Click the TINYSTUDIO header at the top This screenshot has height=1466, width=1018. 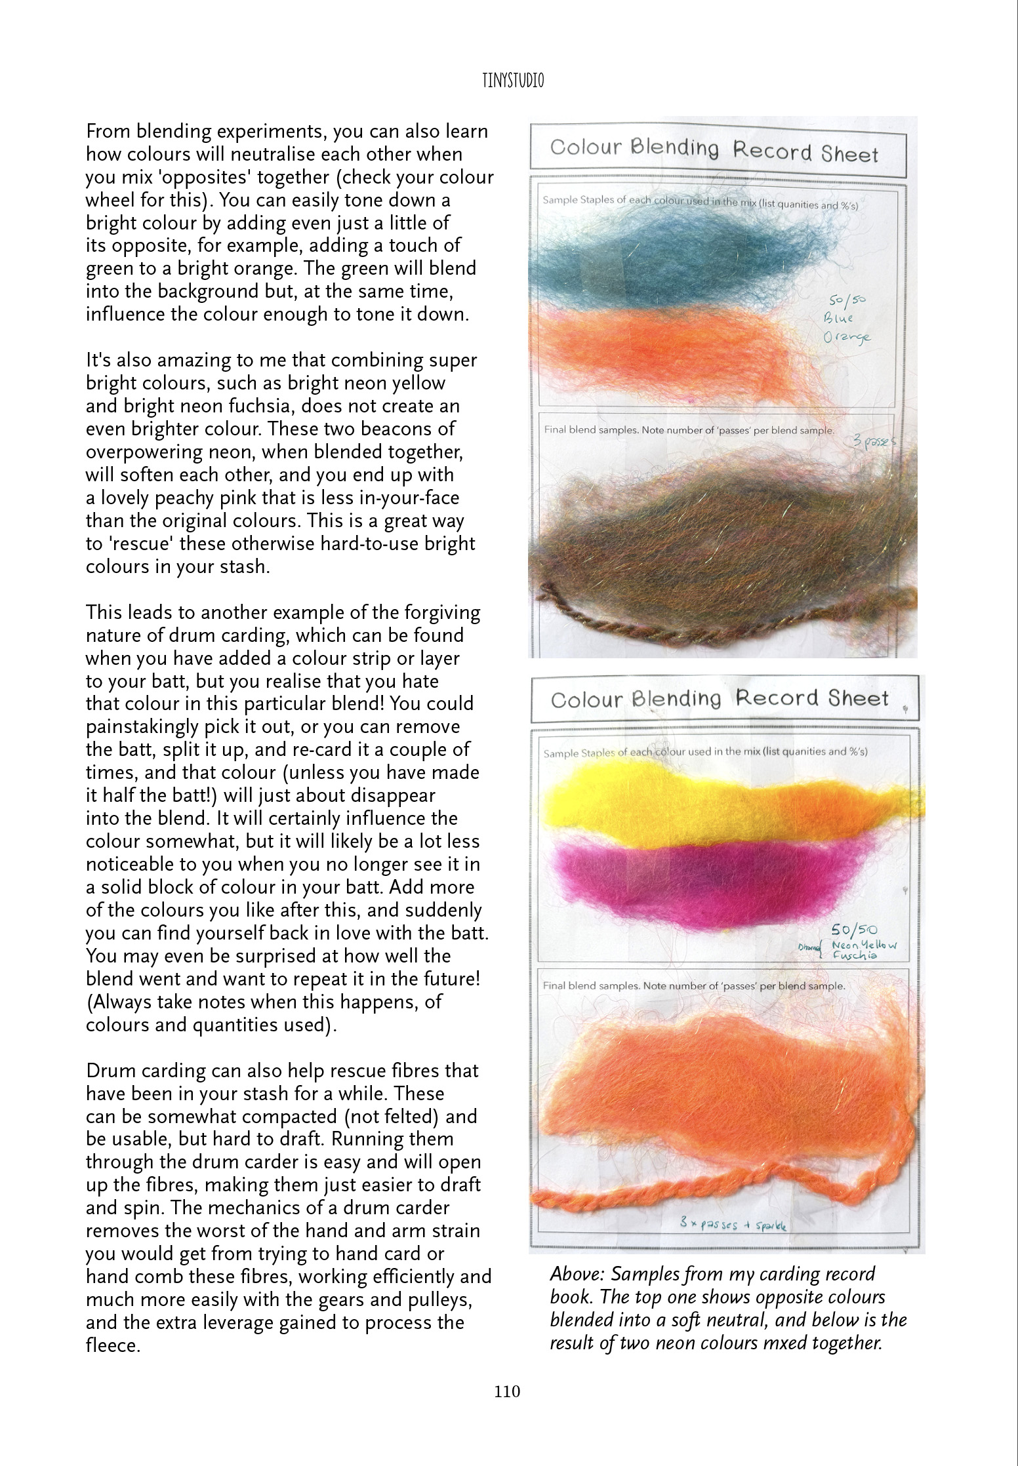[x=508, y=81]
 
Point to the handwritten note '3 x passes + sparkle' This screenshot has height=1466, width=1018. [x=733, y=1224]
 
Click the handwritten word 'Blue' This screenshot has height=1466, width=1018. [x=839, y=319]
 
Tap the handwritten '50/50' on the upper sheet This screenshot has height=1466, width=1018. [x=847, y=300]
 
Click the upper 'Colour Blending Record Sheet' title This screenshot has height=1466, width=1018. [x=714, y=150]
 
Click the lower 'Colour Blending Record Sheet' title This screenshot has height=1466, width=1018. [x=720, y=699]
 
